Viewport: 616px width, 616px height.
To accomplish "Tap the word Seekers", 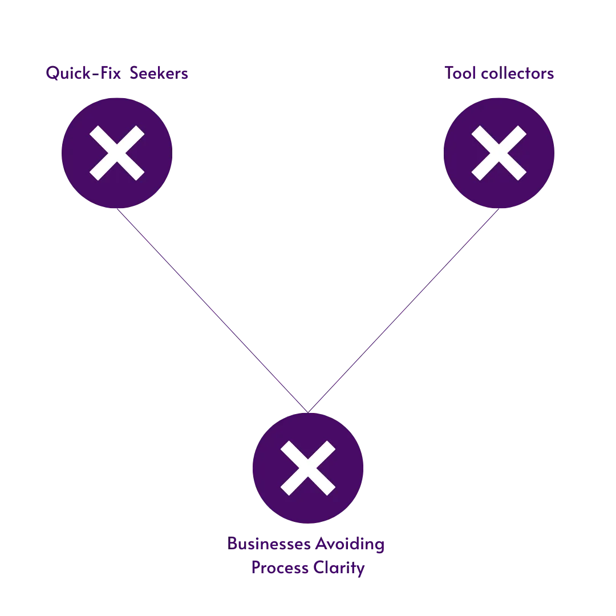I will pos(158,74).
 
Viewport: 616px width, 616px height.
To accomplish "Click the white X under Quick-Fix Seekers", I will pos(117,153).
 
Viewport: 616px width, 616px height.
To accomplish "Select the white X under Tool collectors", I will pos(499,153).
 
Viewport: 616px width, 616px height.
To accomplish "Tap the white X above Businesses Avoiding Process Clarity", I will pos(308,468).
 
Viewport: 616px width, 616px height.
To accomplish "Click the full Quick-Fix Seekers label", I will pos(117,74).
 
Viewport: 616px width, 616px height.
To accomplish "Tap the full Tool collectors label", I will pos(500,74).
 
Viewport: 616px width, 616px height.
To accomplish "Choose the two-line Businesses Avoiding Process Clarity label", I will pos(307,556).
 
